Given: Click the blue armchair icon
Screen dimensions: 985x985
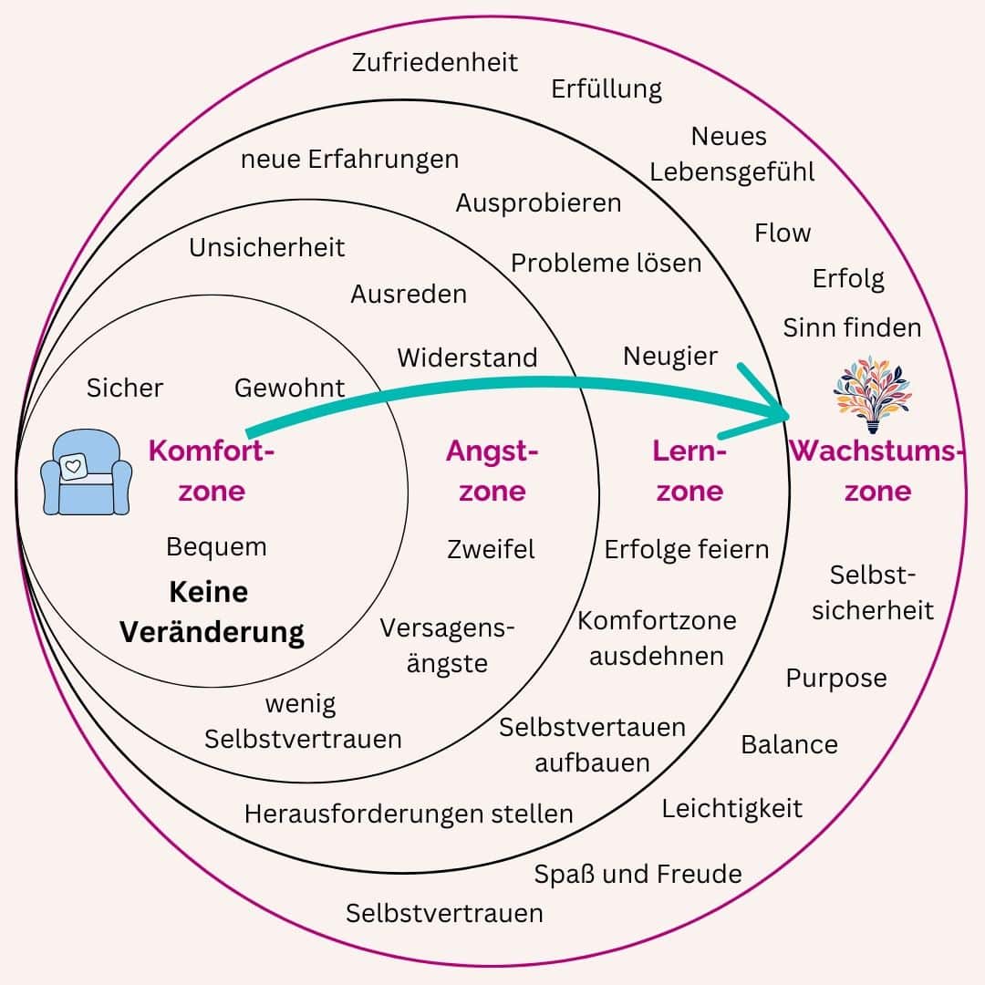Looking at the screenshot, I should (87, 473).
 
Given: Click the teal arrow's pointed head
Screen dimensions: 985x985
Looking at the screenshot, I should (780, 413).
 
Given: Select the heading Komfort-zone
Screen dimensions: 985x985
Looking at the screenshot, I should (212, 471).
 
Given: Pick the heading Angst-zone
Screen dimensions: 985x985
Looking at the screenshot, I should (493, 471).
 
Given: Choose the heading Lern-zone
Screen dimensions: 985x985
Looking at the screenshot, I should (689, 471).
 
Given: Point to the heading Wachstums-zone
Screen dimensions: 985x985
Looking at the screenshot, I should (877, 471).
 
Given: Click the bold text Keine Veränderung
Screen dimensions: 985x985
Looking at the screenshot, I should (213, 611).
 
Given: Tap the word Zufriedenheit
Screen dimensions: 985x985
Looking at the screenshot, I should (435, 62).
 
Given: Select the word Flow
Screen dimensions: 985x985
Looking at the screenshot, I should (783, 233).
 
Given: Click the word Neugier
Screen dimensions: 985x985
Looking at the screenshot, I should (670, 357).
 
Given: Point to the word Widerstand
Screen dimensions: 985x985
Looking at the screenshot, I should (467, 358).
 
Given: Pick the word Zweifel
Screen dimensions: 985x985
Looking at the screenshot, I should (492, 549).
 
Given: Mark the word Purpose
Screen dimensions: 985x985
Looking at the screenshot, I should (836, 679).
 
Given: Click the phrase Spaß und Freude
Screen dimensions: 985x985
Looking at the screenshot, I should (638, 874).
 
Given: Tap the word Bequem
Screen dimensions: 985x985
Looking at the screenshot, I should (217, 547).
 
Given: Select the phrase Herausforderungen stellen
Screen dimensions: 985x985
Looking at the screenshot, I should (409, 814).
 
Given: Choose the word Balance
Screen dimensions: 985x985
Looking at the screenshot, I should (789, 744).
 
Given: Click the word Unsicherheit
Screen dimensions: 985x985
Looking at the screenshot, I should (267, 247).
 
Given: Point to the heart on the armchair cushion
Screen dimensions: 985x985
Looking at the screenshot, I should (73, 466).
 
